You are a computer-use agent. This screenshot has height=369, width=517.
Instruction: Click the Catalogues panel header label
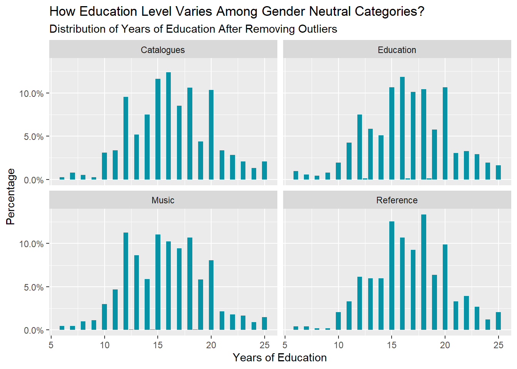click(x=163, y=50)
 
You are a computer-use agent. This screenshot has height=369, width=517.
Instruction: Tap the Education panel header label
click(x=397, y=50)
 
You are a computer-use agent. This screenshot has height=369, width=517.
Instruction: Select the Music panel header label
click(x=163, y=200)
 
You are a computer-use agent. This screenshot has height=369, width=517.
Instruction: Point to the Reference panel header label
click(x=397, y=200)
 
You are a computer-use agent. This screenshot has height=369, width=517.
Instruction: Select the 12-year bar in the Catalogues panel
click(x=126, y=138)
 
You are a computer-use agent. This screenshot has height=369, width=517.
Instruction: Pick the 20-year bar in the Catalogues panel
click(x=211, y=135)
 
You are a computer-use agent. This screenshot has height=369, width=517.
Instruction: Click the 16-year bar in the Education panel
click(x=402, y=128)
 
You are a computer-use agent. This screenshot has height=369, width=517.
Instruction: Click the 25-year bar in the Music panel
click(x=264, y=324)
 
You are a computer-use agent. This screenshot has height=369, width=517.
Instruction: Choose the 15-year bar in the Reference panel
click(x=392, y=276)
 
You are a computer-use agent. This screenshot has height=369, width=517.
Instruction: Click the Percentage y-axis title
click(x=11, y=196)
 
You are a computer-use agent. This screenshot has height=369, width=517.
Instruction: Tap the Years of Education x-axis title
click(x=280, y=358)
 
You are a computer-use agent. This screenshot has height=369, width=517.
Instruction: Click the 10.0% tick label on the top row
click(x=32, y=94)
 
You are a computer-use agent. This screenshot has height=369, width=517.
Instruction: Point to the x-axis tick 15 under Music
click(x=158, y=345)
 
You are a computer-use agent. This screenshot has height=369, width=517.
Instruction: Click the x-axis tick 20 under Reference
click(x=445, y=345)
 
